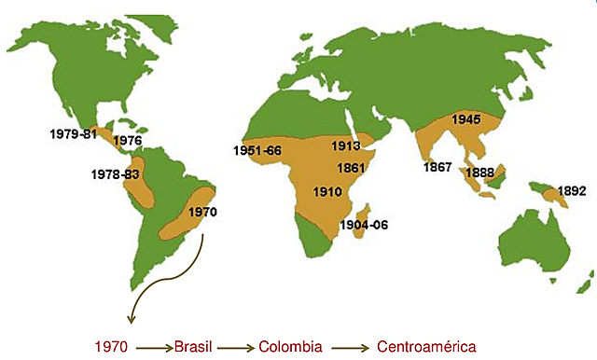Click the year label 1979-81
[x=73, y=134]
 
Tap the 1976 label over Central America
[x=126, y=141]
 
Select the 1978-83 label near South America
[x=116, y=174]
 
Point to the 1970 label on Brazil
[x=201, y=212]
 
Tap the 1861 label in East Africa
[x=353, y=169]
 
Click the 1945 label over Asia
[x=465, y=119]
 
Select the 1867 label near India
[x=437, y=167]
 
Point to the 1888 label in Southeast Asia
[x=479, y=173]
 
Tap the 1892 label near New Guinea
[x=571, y=192]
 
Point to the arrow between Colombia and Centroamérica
[x=350, y=346]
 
